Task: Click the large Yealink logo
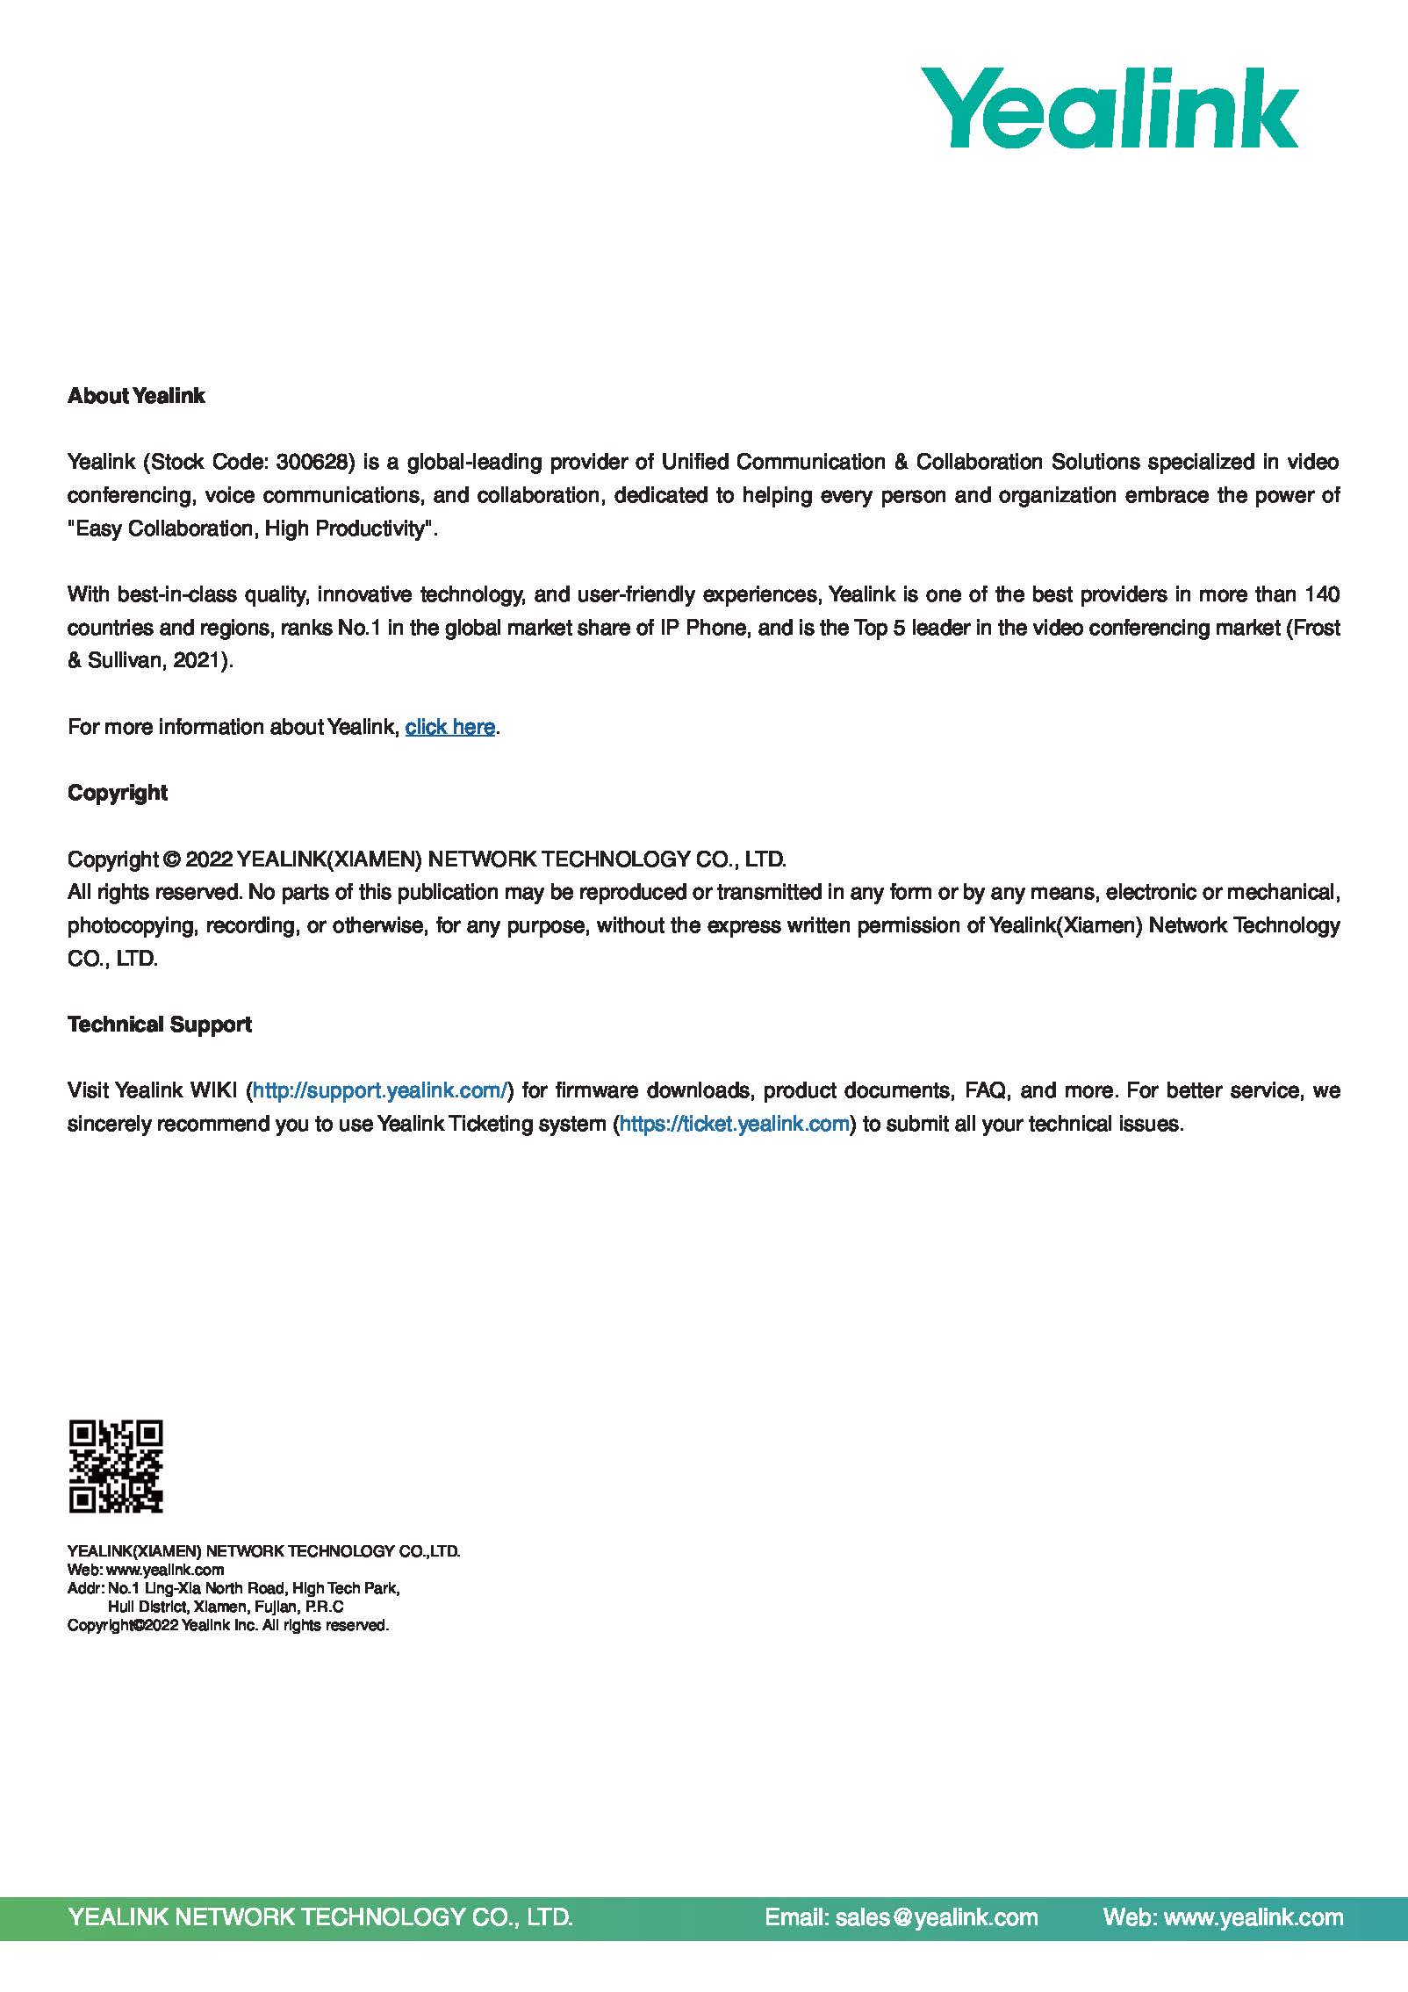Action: click(x=1109, y=108)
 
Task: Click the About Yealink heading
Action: click(x=136, y=396)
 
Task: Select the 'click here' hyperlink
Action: click(x=449, y=727)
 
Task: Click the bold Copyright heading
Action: click(x=118, y=793)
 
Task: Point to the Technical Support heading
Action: click(x=160, y=1025)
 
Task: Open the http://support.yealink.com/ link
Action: click(x=380, y=1090)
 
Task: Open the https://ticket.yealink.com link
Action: click(x=734, y=1124)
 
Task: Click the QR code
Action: click(x=116, y=1466)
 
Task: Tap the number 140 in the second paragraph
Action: click(x=1322, y=594)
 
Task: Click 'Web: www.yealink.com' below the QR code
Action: click(x=146, y=1569)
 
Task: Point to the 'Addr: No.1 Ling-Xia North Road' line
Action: click(x=233, y=1587)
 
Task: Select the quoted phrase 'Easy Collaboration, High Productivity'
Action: click(x=252, y=529)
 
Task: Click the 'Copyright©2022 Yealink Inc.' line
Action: click(x=228, y=1625)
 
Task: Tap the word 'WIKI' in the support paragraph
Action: click(x=213, y=1090)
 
